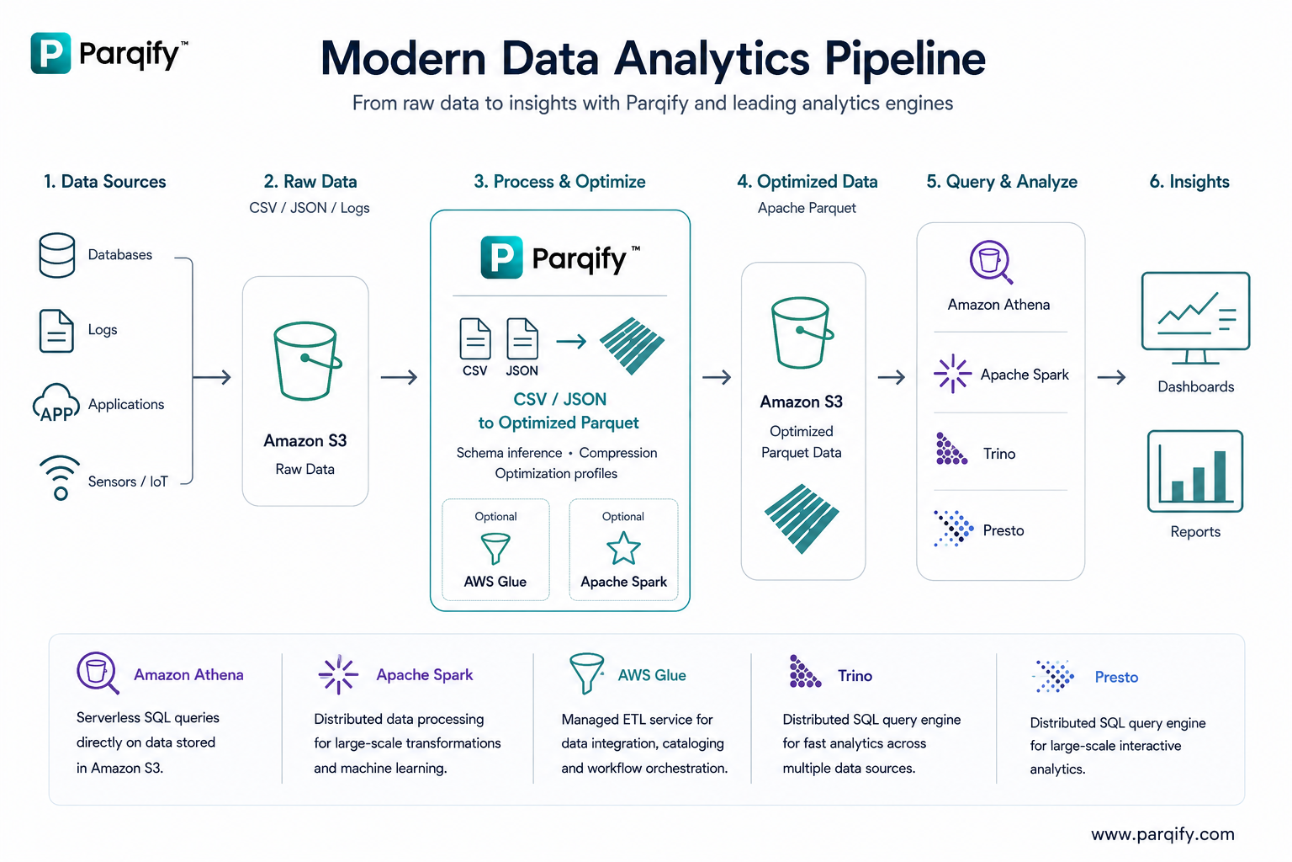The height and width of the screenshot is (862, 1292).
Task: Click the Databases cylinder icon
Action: pyautogui.click(x=56, y=255)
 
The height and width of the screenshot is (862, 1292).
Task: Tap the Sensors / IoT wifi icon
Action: pyautogui.click(x=60, y=478)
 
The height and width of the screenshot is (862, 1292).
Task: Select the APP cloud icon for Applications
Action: pyautogui.click(x=56, y=403)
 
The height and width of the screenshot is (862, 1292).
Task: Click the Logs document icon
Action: pyautogui.click(x=56, y=331)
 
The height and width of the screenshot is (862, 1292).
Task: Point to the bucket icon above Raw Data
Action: pyautogui.click(x=307, y=361)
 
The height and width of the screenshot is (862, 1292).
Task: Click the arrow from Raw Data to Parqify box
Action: pyautogui.click(x=400, y=378)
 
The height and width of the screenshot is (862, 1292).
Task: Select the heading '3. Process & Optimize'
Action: pyautogui.click(x=559, y=182)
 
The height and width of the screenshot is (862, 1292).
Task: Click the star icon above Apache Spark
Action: pyautogui.click(x=623, y=549)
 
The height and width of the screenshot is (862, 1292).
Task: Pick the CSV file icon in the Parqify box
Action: pyautogui.click(x=475, y=339)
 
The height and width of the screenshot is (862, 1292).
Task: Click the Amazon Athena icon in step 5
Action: pyautogui.click(x=991, y=263)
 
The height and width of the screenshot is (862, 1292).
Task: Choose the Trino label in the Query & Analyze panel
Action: pyautogui.click(x=999, y=454)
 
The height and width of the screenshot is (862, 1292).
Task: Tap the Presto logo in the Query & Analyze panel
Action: pyautogui.click(x=953, y=529)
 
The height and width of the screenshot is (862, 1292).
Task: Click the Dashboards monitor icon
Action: pyautogui.click(x=1195, y=318)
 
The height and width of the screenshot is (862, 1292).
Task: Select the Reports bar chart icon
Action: pyautogui.click(x=1195, y=471)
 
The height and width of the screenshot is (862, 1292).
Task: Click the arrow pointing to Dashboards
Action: pyautogui.click(x=1111, y=378)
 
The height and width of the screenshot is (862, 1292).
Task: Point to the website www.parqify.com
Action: pyautogui.click(x=1162, y=833)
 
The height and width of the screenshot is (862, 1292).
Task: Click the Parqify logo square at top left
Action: pyautogui.click(x=50, y=53)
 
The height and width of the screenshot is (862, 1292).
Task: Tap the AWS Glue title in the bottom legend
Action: pyautogui.click(x=652, y=675)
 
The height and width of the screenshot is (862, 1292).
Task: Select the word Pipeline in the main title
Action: pyautogui.click(x=905, y=59)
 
